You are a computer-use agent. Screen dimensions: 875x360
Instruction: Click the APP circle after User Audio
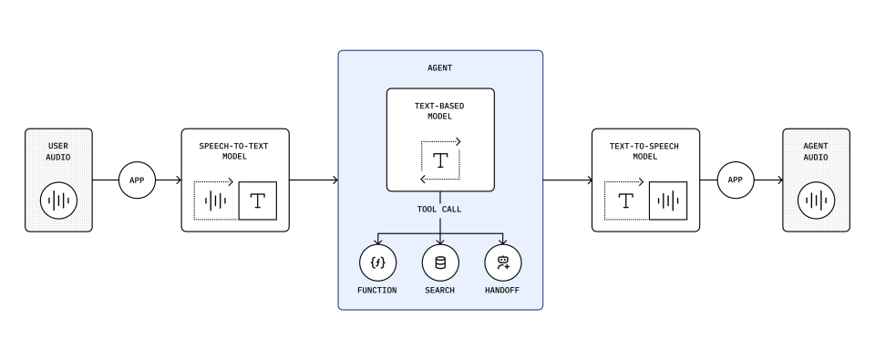click(x=138, y=180)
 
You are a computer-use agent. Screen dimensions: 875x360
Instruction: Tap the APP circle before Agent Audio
click(x=736, y=180)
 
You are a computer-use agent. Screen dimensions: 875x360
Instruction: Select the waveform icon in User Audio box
click(x=58, y=201)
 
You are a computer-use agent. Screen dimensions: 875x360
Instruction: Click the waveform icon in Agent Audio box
click(x=817, y=201)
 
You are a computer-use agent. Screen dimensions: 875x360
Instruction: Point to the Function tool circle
click(x=377, y=262)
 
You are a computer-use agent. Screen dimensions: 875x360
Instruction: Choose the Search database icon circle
click(x=440, y=262)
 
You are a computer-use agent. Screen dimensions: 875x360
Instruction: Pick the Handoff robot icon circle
click(x=503, y=262)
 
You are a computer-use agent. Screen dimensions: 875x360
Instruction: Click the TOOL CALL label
click(x=439, y=210)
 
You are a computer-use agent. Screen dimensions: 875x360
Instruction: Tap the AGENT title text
click(x=439, y=68)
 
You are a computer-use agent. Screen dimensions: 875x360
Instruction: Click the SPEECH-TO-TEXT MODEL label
click(x=234, y=151)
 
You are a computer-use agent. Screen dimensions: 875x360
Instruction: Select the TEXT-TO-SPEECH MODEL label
click(x=644, y=151)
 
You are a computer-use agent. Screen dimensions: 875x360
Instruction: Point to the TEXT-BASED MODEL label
click(x=439, y=111)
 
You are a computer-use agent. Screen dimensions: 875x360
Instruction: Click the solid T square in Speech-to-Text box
click(x=258, y=201)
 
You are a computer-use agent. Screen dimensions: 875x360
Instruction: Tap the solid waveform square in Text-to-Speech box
click(x=668, y=201)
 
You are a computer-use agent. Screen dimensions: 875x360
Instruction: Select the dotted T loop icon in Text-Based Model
click(x=440, y=160)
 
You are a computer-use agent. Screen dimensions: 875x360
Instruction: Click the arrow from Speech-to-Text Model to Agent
click(x=314, y=180)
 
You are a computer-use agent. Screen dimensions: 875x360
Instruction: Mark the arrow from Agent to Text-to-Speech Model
click(x=568, y=180)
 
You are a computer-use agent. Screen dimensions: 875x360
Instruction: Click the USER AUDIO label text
click(x=58, y=152)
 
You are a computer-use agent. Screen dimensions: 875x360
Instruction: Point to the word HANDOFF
click(x=502, y=290)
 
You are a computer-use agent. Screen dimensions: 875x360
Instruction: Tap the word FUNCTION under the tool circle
click(x=377, y=290)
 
